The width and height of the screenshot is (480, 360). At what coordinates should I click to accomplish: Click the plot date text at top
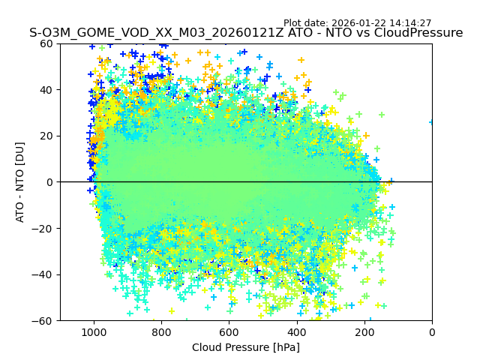[x=357, y=23]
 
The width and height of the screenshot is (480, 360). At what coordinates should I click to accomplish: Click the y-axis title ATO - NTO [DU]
[x=20, y=182]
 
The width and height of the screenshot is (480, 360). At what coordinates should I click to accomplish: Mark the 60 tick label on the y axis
[x=46, y=43]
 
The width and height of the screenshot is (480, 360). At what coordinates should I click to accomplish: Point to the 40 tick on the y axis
[x=46, y=90]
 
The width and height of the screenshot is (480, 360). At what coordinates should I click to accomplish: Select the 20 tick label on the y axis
[x=46, y=136]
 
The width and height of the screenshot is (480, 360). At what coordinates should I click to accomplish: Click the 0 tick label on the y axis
[x=49, y=182]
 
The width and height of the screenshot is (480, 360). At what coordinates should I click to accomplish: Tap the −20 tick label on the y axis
[x=43, y=228]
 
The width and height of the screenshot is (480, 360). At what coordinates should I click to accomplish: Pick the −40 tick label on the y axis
[x=43, y=274]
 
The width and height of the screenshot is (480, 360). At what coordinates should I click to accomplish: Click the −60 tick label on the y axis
[x=43, y=320]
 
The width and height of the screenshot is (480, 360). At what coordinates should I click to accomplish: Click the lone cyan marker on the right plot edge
[x=431, y=121]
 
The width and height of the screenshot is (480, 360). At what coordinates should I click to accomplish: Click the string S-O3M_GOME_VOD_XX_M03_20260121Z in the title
[x=143, y=33]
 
